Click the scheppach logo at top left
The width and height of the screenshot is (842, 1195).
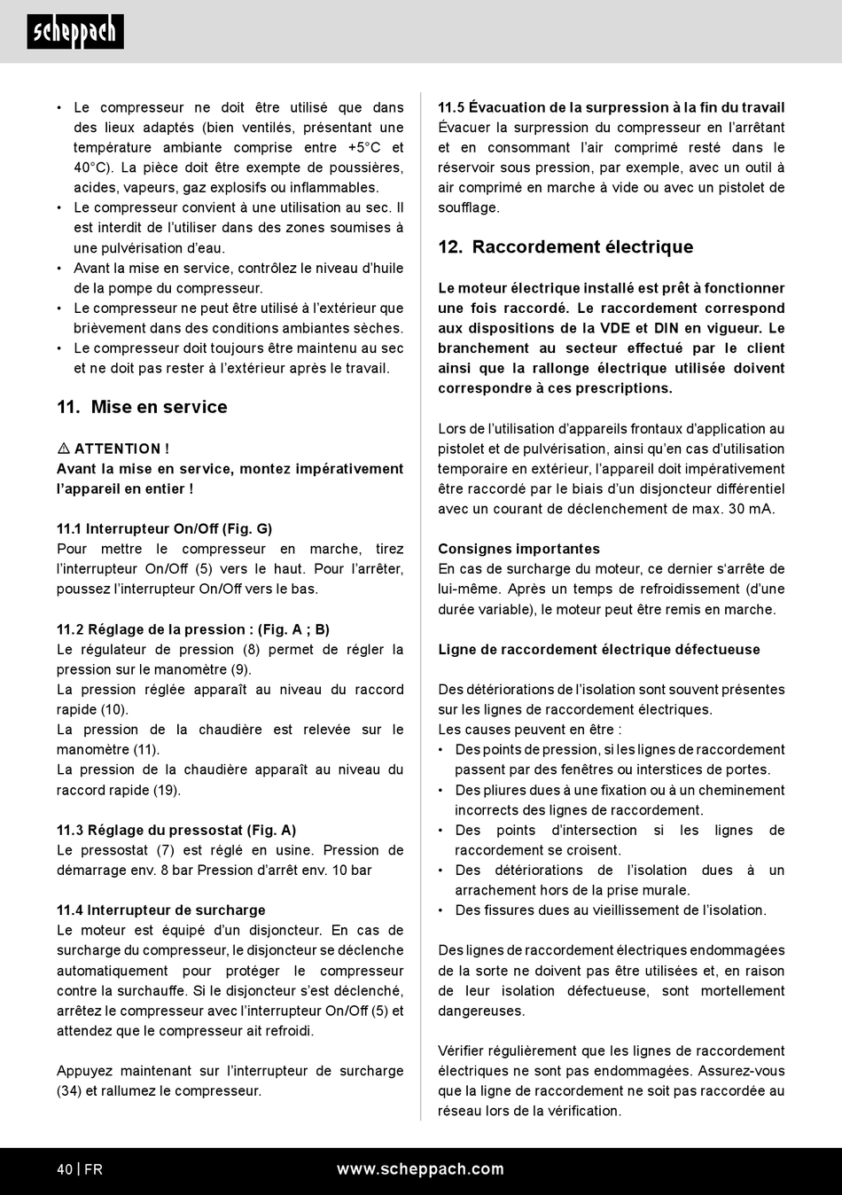75,32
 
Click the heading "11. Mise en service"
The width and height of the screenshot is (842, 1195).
142,407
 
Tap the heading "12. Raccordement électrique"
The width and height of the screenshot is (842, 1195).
565,247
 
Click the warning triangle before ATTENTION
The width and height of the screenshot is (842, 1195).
63,449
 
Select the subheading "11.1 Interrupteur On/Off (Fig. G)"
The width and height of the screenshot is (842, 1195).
164,529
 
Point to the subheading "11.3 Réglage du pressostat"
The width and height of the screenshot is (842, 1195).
176,831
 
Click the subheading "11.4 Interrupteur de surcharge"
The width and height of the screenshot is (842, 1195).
160,910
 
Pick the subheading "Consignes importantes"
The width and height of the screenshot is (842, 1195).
518,550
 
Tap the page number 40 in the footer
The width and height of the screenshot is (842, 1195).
65,1169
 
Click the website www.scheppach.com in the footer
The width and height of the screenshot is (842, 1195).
420,1169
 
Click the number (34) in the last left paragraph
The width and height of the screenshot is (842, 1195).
69,1091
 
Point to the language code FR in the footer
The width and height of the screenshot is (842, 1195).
93,1169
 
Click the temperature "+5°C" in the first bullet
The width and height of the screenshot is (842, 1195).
363,148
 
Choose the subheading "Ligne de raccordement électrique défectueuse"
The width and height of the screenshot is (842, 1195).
598,650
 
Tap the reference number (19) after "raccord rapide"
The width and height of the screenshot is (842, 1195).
167,791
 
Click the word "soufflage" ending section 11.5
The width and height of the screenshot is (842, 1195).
468,208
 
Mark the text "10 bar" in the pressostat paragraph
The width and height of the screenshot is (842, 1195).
352,871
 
